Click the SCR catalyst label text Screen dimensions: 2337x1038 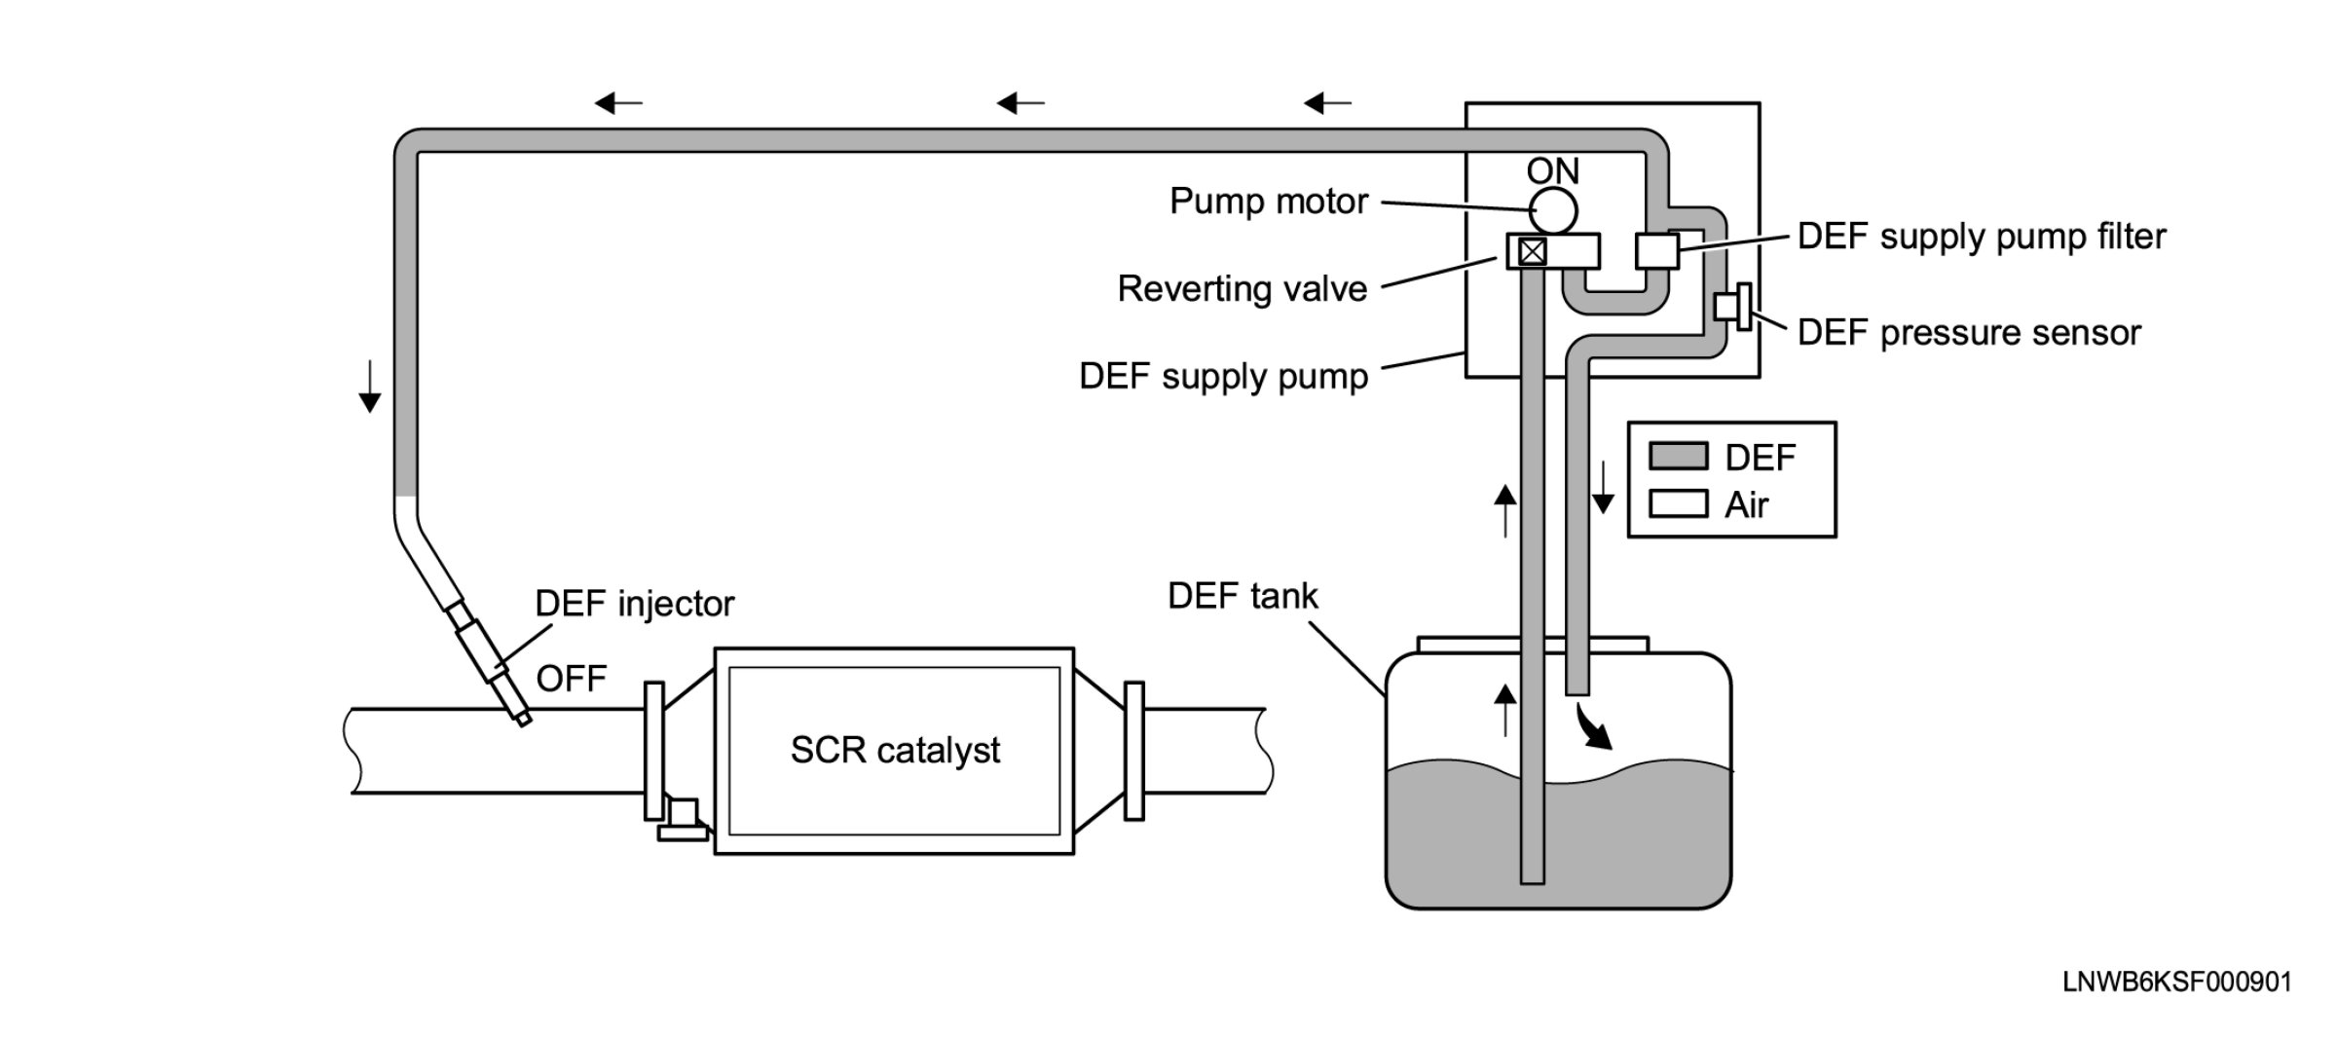895,751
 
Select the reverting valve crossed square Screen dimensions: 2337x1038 1533,252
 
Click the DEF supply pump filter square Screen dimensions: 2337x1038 1657,250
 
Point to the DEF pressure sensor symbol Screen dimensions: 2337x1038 1733,307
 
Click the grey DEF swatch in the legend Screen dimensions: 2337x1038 1678,456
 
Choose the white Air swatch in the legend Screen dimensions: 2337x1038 1678,503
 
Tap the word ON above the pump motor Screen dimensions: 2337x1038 1552,171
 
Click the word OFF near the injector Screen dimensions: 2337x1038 572,679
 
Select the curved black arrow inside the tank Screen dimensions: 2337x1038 1593,726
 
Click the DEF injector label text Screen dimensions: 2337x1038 635,605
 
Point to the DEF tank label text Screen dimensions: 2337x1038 1243,596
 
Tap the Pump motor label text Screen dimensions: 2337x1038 1269,202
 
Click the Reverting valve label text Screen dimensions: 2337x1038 1243,289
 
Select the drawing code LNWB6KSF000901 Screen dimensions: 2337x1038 2177,982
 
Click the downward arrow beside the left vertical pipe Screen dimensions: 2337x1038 369,386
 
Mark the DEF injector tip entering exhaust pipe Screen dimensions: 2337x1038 525,721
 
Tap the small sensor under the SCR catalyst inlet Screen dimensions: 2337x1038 683,820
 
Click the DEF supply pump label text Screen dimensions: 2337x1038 1223,377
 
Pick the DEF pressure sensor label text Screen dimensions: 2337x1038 1969,333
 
